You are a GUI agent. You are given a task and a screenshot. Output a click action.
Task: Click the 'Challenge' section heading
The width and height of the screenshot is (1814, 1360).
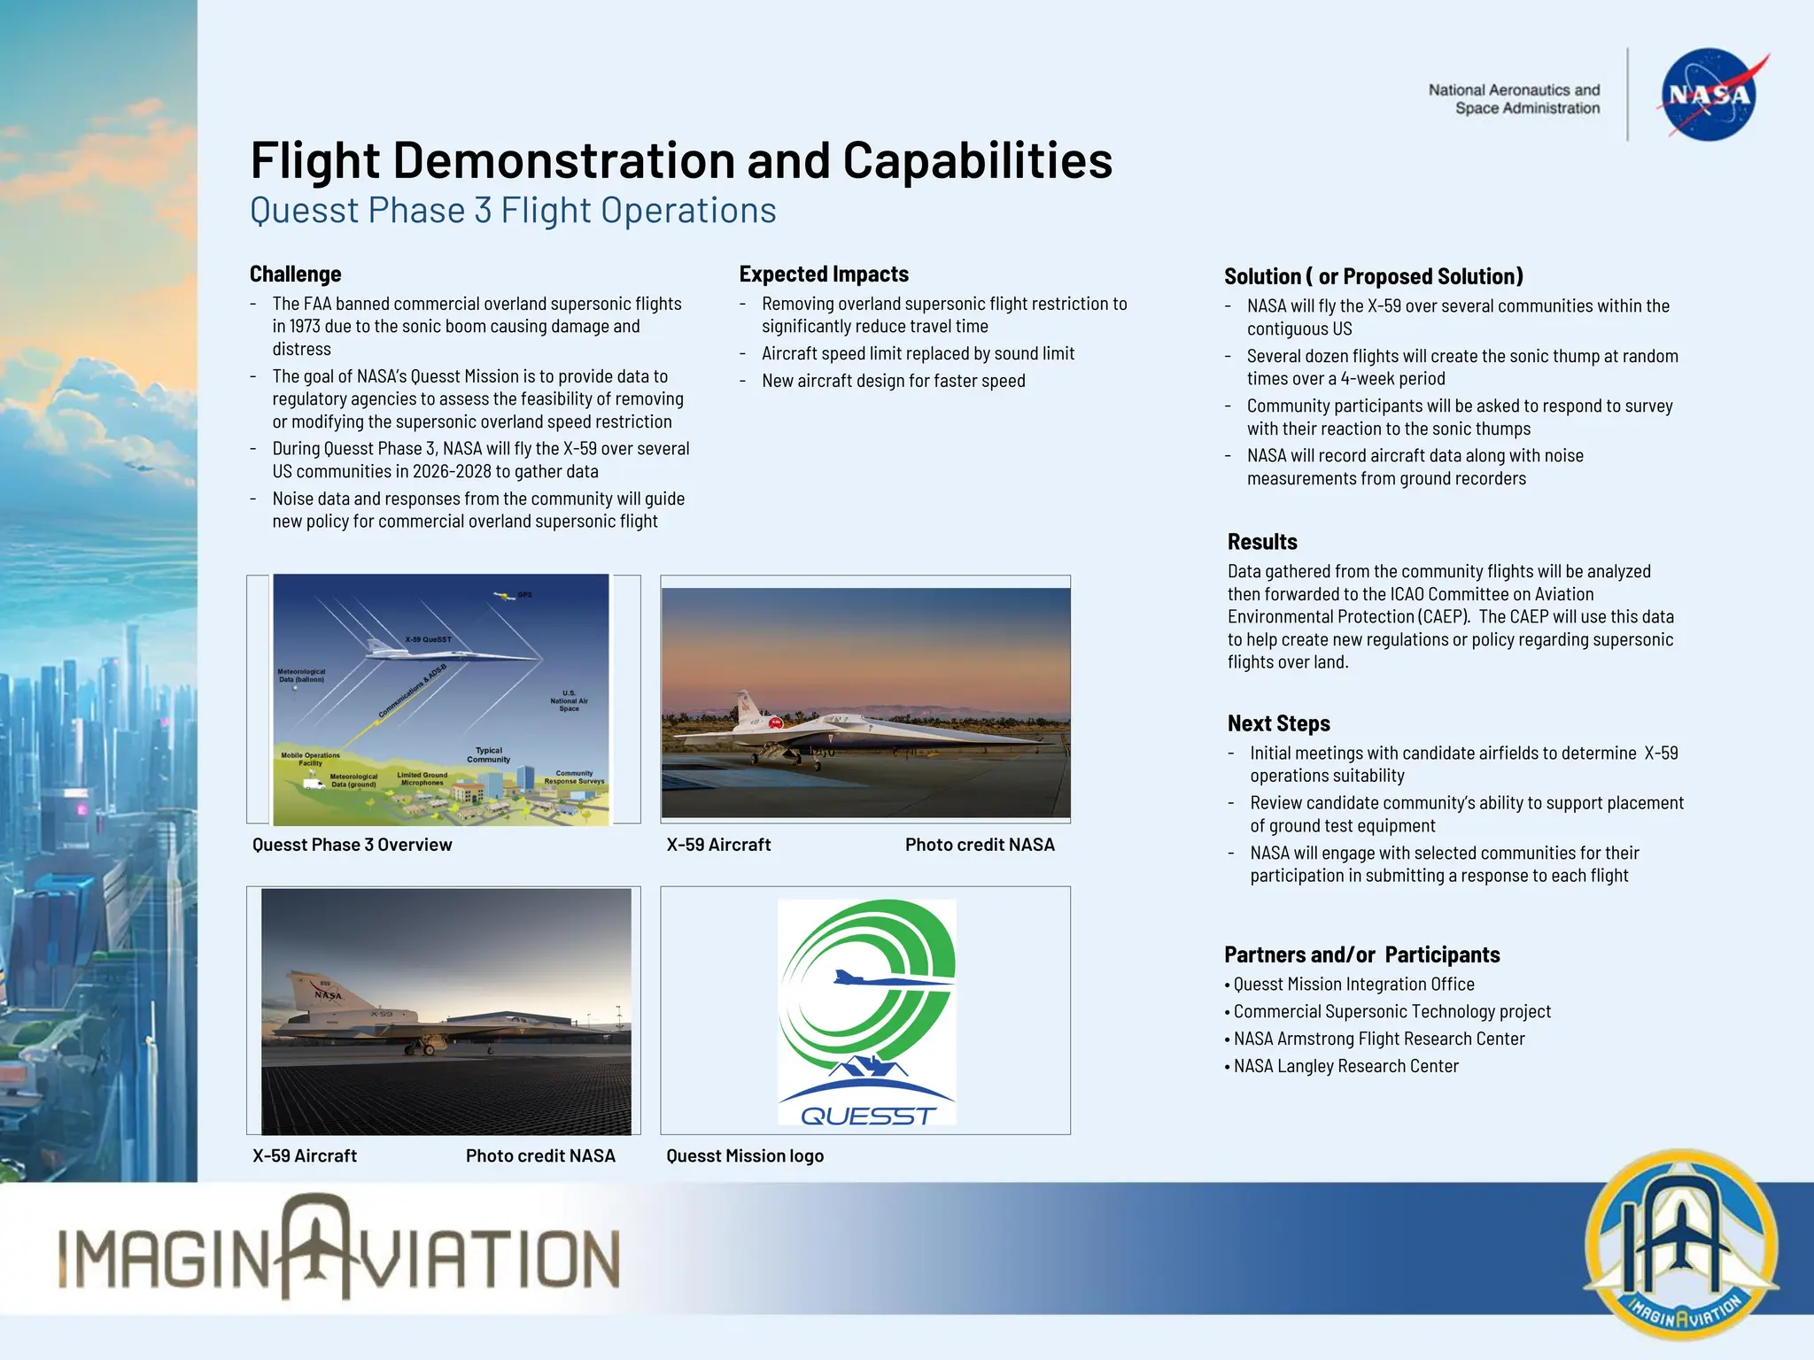coord(295,274)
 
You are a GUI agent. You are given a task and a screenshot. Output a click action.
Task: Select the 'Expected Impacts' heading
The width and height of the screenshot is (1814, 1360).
coord(824,274)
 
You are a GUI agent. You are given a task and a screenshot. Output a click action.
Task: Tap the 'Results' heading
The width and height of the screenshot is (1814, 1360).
coord(1262,542)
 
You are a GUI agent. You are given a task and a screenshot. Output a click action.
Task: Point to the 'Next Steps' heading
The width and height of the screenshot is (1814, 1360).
coord(1278,723)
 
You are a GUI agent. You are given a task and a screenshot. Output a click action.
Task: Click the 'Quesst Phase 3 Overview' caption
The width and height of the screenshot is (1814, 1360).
coord(352,845)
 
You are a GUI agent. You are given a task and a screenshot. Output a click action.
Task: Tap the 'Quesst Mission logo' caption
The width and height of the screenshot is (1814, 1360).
coord(745,1155)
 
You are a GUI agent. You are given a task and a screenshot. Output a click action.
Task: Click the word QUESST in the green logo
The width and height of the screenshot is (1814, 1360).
coord(867,1116)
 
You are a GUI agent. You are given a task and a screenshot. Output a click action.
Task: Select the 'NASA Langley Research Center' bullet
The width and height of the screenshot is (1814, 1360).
coord(1345,1066)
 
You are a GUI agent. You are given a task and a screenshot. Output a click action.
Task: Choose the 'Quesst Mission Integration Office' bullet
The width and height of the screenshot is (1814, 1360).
coord(1353,985)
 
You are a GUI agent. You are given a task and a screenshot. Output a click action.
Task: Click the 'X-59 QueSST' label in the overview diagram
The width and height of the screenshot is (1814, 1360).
coord(428,639)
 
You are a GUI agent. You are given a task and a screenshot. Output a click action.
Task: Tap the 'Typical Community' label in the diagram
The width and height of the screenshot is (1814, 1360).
coord(488,754)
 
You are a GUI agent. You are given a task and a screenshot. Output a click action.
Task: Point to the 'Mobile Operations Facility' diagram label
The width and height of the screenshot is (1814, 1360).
coord(310,759)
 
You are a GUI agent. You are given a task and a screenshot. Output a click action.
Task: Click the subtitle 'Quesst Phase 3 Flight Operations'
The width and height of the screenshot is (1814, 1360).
coord(513,211)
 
